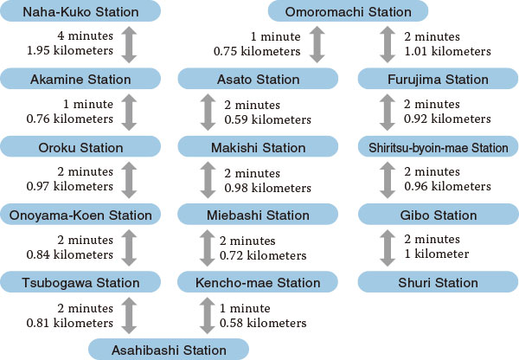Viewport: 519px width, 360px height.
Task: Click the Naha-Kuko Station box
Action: pos(80,11)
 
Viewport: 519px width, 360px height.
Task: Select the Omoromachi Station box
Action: pos(348,11)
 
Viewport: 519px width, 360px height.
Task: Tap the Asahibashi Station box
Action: pos(169,350)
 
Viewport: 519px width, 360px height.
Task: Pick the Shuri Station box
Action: pos(439,282)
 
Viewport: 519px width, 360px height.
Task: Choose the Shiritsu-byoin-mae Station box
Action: pos(439,147)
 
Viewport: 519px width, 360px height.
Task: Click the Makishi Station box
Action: pos(258,147)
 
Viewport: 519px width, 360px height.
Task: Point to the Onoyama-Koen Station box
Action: pos(80,215)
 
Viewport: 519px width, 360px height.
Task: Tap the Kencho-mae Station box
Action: pos(258,282)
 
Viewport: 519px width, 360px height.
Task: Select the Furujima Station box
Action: pos(439,79)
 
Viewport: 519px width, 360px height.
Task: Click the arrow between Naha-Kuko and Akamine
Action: pos(129,45)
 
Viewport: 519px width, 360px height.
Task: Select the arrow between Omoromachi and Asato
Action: pos(317,45)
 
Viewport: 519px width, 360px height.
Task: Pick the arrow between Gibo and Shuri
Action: pos(388,248)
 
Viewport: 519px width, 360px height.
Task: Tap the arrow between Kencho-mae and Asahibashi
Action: pos(208,316)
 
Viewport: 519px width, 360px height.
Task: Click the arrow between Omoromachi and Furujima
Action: pos(388,45)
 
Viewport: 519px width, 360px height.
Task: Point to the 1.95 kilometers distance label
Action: pos(70,50)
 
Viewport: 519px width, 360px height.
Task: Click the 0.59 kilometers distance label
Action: pos(268,119)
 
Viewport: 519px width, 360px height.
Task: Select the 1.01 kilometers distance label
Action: pos(447,51)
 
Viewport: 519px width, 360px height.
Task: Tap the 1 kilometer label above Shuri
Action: pos(437,254)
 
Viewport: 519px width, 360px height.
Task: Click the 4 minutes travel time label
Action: pos(85,35)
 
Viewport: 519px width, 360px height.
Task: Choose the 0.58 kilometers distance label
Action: pos(263,323)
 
